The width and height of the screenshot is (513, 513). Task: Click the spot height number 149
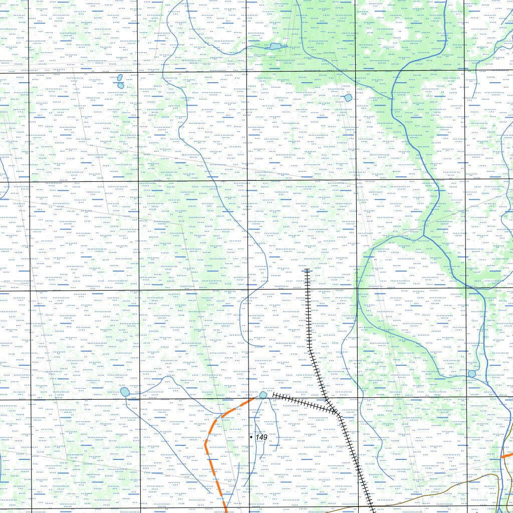tap(262, 437)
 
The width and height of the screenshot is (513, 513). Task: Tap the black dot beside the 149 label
tap(251, 437)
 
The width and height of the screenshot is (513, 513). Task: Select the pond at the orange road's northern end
tap(263, 395)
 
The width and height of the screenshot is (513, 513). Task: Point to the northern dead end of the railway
tap(307, 271)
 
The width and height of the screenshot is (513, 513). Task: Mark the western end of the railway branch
tap(274, 395)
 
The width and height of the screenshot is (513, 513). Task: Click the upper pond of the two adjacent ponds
tap(120, 78)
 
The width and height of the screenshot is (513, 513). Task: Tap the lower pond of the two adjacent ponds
tap(121, 86)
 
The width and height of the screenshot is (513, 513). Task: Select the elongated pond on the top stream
tap(275, 47)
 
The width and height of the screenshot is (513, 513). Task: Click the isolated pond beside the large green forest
tap(348, 98)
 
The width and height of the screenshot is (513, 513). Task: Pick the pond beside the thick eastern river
tap(471, 374)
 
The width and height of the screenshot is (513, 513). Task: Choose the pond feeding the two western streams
tap(125, 392)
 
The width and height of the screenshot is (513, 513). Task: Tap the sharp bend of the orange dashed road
tap(206, 442)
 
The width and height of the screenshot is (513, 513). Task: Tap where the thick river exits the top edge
tap(446, 2)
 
